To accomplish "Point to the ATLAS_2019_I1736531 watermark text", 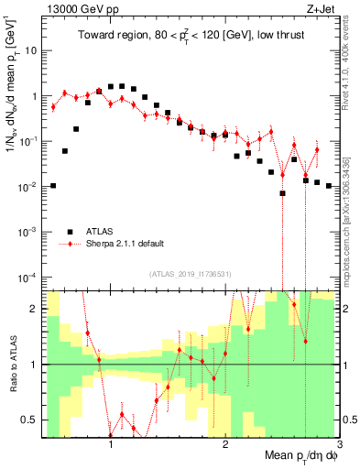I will [x=191, y=274].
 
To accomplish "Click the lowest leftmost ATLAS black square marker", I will [x=53, y=186].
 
